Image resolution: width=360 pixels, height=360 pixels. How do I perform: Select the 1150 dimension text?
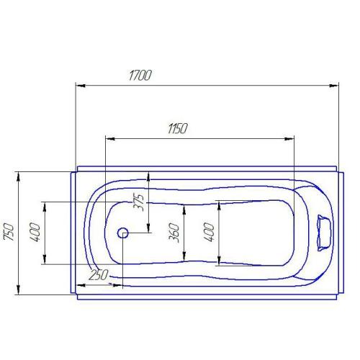click(177, 129)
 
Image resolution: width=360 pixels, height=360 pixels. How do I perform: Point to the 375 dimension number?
click(140, 197)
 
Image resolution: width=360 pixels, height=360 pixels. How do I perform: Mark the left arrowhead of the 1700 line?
click(80, 86)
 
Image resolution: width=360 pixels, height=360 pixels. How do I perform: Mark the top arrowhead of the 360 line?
click(184, 208)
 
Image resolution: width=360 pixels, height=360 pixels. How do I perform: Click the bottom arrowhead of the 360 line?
click(184, 258)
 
